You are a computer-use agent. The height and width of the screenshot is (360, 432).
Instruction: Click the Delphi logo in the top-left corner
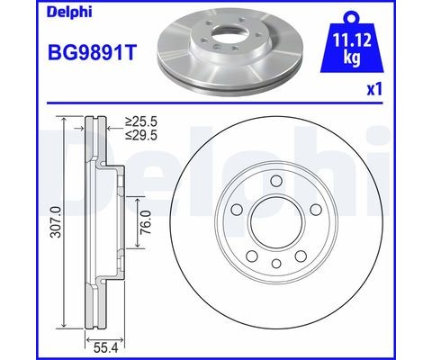pyautogui.click(x=69, y=13)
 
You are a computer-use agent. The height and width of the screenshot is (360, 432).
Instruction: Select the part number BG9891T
pyautogui.click(x=93, y=52)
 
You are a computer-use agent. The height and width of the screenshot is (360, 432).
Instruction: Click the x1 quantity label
pyautogui.click(x=374, y=89)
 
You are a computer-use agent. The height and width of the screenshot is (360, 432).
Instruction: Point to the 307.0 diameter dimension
pyautogui.click(x=56, y=222)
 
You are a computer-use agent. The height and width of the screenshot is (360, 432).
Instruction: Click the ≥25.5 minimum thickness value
pyautogui.click(x=141, y=121)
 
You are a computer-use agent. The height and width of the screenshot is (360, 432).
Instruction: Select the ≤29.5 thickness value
pyautogui.click(x=141, y=135)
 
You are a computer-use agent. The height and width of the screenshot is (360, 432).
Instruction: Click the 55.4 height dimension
pyautogui.click(x=104, y=348)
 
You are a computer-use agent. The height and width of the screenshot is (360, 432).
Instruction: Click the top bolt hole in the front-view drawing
pyautogui.click(x=276, y=181)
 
